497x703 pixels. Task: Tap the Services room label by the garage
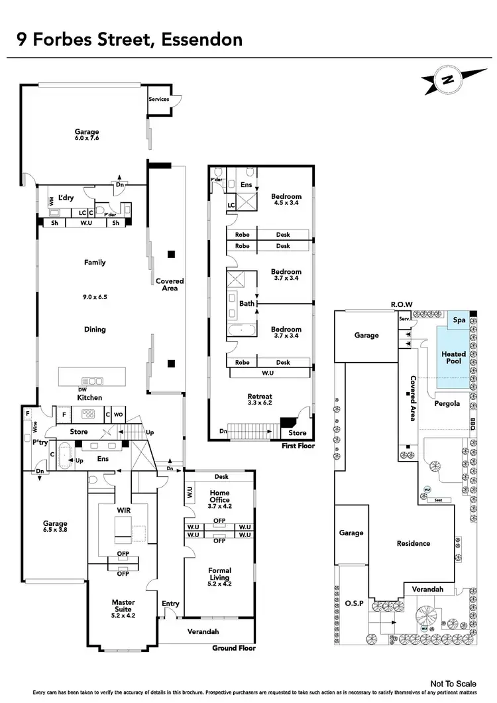point(159,99)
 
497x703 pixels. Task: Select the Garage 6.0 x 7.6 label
point(87,135)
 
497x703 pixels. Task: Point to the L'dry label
point(66,198)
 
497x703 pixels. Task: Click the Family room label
point(94,263)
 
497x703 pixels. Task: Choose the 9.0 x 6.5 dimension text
point(94,296)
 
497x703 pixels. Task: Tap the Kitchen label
point(90,397)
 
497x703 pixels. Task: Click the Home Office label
point(219,496)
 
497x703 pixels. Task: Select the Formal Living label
point(219,574)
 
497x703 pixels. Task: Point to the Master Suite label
point(123,606)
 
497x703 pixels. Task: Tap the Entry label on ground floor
point(170,604)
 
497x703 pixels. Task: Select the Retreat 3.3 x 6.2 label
point(260,400)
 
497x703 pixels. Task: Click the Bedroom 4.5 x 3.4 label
point(286,200)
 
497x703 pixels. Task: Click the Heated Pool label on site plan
point(454,358)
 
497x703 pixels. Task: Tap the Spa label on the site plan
point(459,320)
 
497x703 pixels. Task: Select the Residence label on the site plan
point(414,543)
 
